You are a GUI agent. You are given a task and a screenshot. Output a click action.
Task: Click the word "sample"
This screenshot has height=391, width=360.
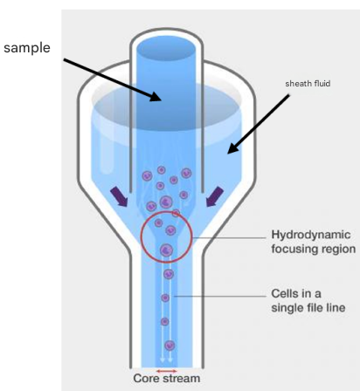pos(27,48)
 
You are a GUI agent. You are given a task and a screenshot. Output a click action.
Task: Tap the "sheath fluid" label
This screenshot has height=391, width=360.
pos(308,84)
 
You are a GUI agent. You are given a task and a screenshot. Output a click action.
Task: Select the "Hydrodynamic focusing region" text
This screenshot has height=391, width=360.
pos(314,242)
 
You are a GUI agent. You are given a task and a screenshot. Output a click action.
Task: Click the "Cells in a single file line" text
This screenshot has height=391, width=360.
pos(308,300)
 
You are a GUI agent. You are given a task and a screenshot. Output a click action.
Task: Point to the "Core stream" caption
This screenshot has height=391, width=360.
pos(167,379)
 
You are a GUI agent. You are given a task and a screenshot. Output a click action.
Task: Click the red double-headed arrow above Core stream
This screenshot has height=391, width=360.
pos(167,371)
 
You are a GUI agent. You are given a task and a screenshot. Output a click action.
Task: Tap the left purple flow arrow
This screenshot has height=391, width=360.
pos(119,196)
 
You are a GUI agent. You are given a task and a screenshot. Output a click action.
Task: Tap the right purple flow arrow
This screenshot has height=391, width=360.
pos(215,196)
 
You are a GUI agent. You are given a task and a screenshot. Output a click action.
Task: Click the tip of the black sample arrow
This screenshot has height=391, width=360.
pos(161,100)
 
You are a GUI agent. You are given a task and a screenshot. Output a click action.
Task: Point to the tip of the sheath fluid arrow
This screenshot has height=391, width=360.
pos(228,154)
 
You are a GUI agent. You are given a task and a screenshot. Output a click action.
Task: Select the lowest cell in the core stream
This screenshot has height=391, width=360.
pos(170,346)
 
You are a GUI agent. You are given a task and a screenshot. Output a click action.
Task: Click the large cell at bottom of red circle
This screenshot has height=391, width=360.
pos(166,250)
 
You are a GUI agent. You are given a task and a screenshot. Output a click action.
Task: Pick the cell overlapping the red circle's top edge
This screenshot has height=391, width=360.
pos(176,214)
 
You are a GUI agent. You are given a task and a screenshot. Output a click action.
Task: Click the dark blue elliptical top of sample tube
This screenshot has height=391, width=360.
pos(166,49)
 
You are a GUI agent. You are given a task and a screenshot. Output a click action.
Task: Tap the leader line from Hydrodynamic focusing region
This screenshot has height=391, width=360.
pos(229,237)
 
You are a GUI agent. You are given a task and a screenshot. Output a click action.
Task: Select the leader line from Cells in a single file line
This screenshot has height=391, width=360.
pos(220,297)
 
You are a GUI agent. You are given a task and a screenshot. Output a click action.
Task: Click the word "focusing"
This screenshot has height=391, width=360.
pos(292,249)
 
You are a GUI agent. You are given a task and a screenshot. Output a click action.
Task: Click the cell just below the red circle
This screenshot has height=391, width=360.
pos(169,274)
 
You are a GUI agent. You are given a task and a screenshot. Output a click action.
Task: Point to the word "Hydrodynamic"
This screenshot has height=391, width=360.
pos(311,236)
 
